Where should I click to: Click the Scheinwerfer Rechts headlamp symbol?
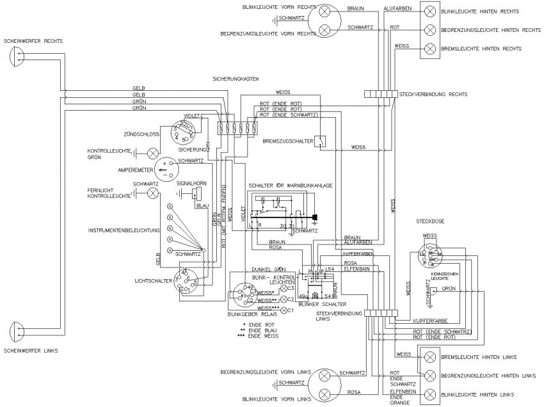coord(17,58)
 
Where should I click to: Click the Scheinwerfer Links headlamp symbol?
coord(17,331)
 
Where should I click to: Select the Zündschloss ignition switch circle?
coord(185,132)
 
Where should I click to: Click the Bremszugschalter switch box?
coord(319,141)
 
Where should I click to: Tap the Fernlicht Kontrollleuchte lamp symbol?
coord(153,192)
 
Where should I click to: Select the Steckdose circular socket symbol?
coord(428,255)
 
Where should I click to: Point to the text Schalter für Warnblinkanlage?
coord(291,185)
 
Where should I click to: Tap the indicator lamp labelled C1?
coord(284,310)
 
